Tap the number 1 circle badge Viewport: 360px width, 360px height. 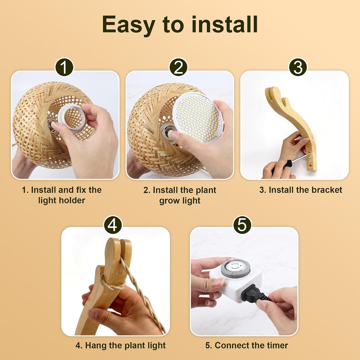pyautogui.click(x=64, y=67)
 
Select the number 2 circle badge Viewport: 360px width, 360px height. pyautogui.click(x=178, y=67)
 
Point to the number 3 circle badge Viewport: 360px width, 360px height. pyautogui.click(x=298, y=67)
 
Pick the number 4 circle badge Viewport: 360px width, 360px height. pyautogui.click(x=113, y=225)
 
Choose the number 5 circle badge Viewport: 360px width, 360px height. pyautogui.click(x=242, y=225)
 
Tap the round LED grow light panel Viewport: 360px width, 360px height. pyautogui.click(x=198, y=117)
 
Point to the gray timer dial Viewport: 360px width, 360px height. pyautogui.click(x=235, y=268)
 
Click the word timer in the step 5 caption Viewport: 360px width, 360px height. pyautogui.click(x=277, y=345)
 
